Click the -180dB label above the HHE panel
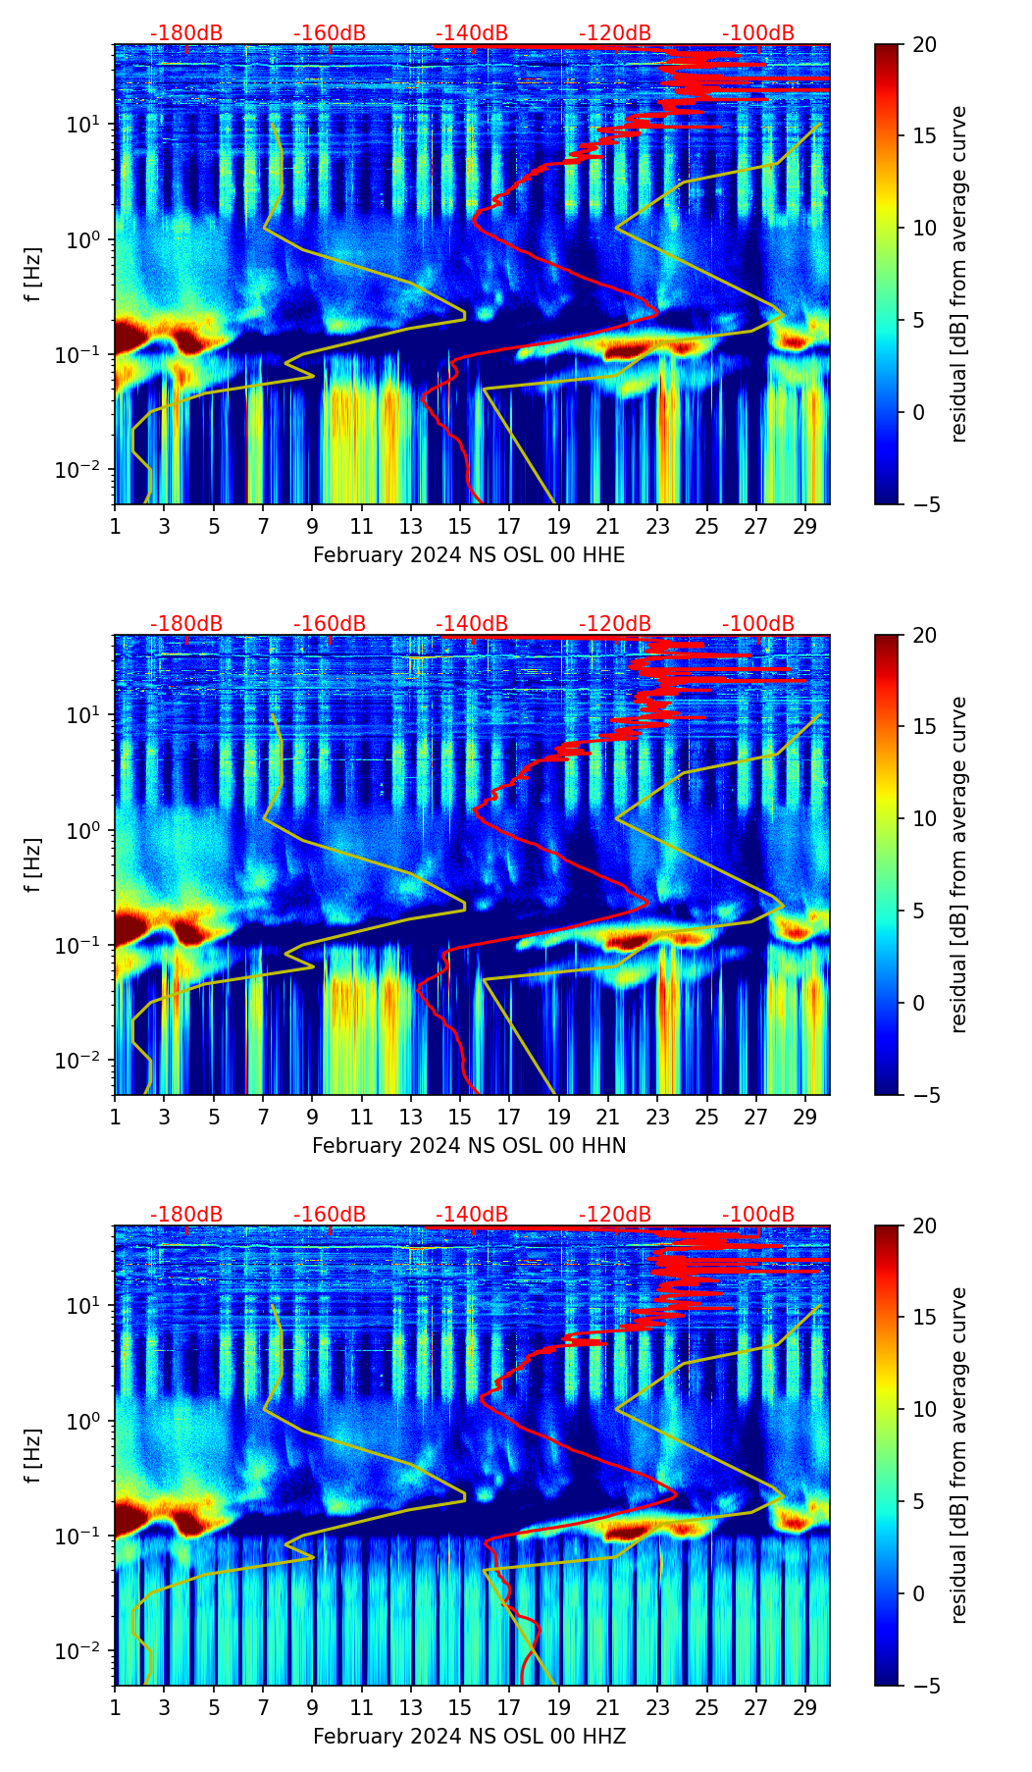point(186,33)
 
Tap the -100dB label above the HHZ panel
point(758,1215)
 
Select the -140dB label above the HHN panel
point(472,624)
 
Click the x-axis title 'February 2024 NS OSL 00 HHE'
point(469,555)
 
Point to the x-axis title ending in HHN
point(469,1146)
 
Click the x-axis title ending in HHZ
point(469,1737)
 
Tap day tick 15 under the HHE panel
point(460,527)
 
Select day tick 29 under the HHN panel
point(805,1118)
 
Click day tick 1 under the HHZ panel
point(116,1708)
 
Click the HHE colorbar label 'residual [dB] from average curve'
point(958,274)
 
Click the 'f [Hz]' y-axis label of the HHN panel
point(33,864)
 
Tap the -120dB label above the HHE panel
point(615,33)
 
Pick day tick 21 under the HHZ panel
point(608,1708)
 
